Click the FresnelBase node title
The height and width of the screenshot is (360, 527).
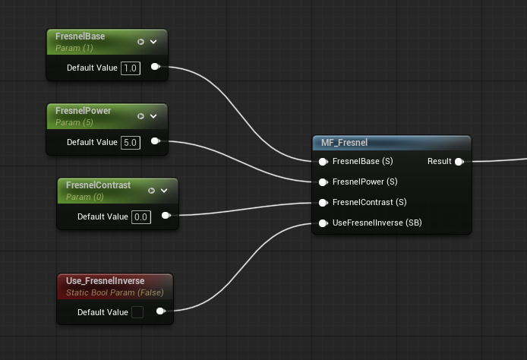80,36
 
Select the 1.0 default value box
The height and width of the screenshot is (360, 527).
131,68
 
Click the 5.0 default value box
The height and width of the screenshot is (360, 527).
131,143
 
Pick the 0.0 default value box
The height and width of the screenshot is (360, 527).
141,217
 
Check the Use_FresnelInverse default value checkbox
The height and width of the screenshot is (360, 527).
137,312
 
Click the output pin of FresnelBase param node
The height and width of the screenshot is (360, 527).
155,67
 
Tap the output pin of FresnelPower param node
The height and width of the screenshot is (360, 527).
155,141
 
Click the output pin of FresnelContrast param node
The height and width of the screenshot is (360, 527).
166,216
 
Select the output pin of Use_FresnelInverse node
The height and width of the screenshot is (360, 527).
161,311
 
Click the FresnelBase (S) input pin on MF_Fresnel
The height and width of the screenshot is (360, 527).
323,162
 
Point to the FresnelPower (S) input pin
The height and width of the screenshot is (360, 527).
323,182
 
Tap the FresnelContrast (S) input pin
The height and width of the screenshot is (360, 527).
323,203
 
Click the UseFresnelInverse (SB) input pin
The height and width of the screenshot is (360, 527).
323,223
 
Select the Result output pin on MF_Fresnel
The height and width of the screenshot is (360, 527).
459,162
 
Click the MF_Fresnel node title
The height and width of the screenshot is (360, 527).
344,143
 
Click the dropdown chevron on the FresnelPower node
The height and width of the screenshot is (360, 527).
153,116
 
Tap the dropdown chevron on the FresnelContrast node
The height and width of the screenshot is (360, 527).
164,191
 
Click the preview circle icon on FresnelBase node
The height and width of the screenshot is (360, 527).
140,42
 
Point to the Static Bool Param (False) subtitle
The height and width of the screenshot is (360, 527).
115,292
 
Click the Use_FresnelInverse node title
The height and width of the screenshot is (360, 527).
106,281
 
